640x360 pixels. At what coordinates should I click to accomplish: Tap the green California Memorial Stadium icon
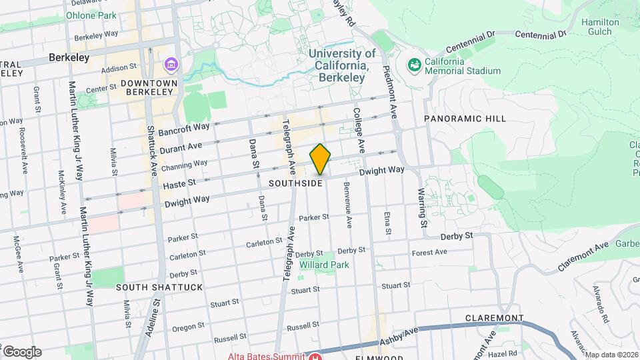[x=414, y=65]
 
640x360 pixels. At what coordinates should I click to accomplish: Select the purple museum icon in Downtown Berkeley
[x=171, y=65]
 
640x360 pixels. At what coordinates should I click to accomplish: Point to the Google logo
[x=21, y=351]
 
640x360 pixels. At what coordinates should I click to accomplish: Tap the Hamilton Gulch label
[x=600, y=27]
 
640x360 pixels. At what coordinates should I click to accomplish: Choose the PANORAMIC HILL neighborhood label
[x=465, y=119]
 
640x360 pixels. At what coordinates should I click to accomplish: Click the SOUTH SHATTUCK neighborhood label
[x=159, y=287]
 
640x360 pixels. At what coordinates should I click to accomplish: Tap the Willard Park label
[x=325, y=265]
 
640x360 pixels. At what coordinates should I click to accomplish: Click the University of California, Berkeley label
[x=341, y=65]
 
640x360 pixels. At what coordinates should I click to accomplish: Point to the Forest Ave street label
[x=429, y=253]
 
